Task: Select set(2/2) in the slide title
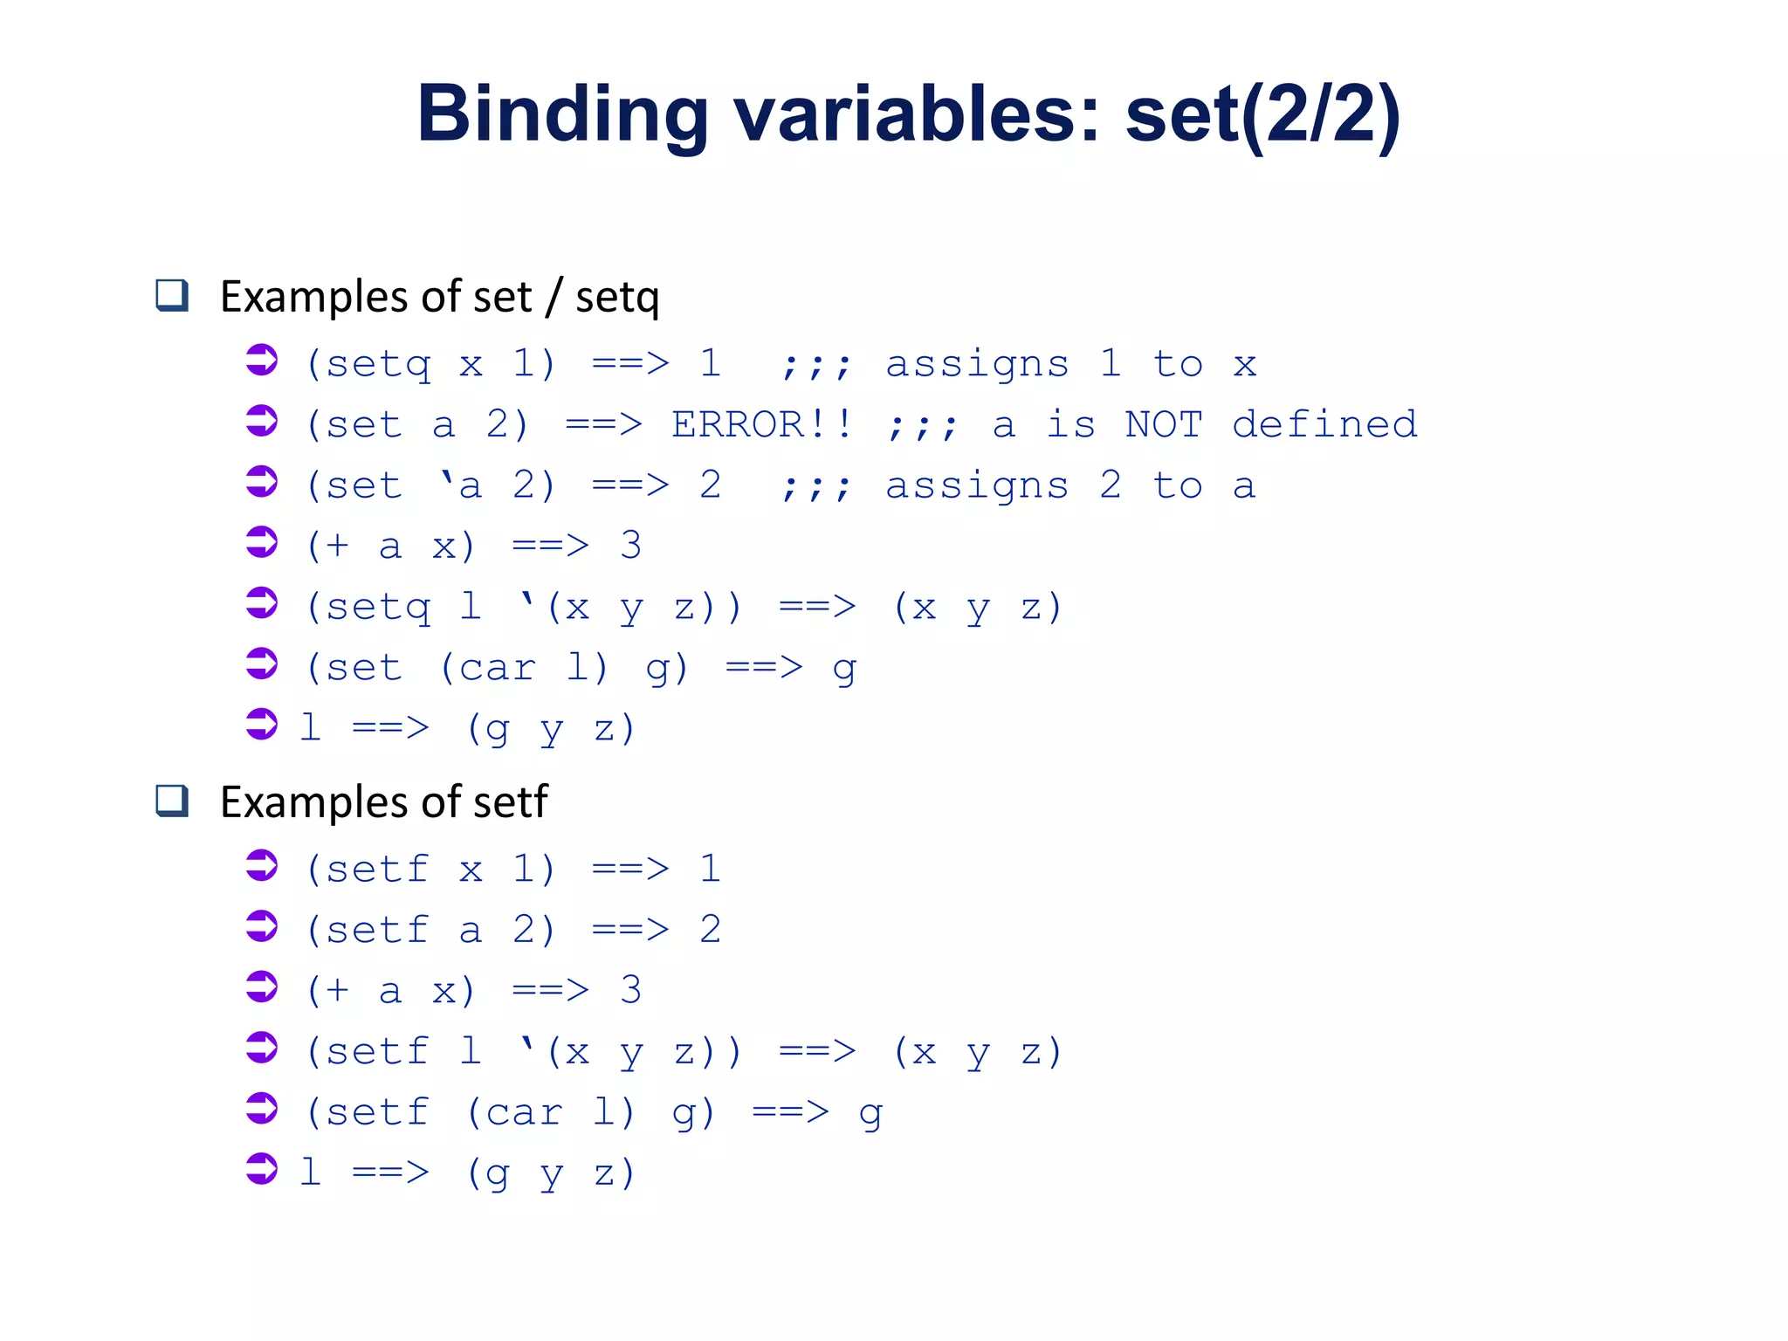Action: click(x=1262, y=114)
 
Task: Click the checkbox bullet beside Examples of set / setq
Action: click(x=172, y=295)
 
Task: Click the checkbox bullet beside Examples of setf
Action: click(x=172, y=801)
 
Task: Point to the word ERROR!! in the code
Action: click(x=761, y=425)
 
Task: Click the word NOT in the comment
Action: click(x=1163, y=425)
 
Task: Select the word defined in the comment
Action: click(x=1324, y=425)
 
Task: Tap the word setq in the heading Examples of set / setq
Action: click(x=616, y=298)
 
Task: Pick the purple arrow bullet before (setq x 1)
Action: click(x=261, y=361)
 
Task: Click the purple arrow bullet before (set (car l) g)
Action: click(x=261, y=664)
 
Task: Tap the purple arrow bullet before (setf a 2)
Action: click(x=261, y=926)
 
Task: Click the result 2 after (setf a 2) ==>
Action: click(x=710, y=929)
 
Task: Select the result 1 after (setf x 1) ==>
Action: click(x=710, y=869)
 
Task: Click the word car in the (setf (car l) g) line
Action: click(x=524, y=1112)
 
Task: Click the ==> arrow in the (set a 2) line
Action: click(x=603, y=425)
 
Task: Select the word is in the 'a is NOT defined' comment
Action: click(x=1069, y=425)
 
